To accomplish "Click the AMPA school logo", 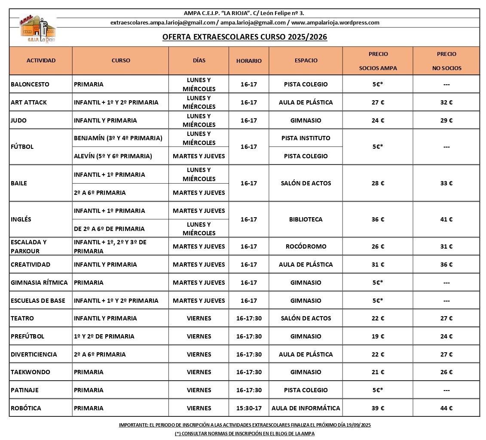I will [38, 29].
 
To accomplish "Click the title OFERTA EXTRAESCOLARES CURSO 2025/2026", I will [245, 37].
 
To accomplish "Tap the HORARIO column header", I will [249, 61].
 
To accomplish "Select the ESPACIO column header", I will [306, 61].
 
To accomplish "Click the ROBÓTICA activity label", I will [26, 408].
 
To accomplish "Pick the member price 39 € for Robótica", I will [378, 408].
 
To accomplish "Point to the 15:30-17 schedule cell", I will [249, 408].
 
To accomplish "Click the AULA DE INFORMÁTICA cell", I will [306, 408].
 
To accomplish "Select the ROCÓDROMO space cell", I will [306, 246].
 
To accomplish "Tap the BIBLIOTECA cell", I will [306, 219].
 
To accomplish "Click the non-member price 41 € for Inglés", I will [446, 219].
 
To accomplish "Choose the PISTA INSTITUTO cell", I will [306, 138].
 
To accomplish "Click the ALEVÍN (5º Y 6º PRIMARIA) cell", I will [113, 156].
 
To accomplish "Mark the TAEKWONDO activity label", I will [30, 372].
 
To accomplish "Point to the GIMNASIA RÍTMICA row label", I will [39, 283].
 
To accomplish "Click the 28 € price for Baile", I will [378, 183].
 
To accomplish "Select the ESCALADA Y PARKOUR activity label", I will [29, 246].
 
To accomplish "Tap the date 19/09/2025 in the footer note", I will [355, 425].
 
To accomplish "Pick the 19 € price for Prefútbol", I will [378, 336].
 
